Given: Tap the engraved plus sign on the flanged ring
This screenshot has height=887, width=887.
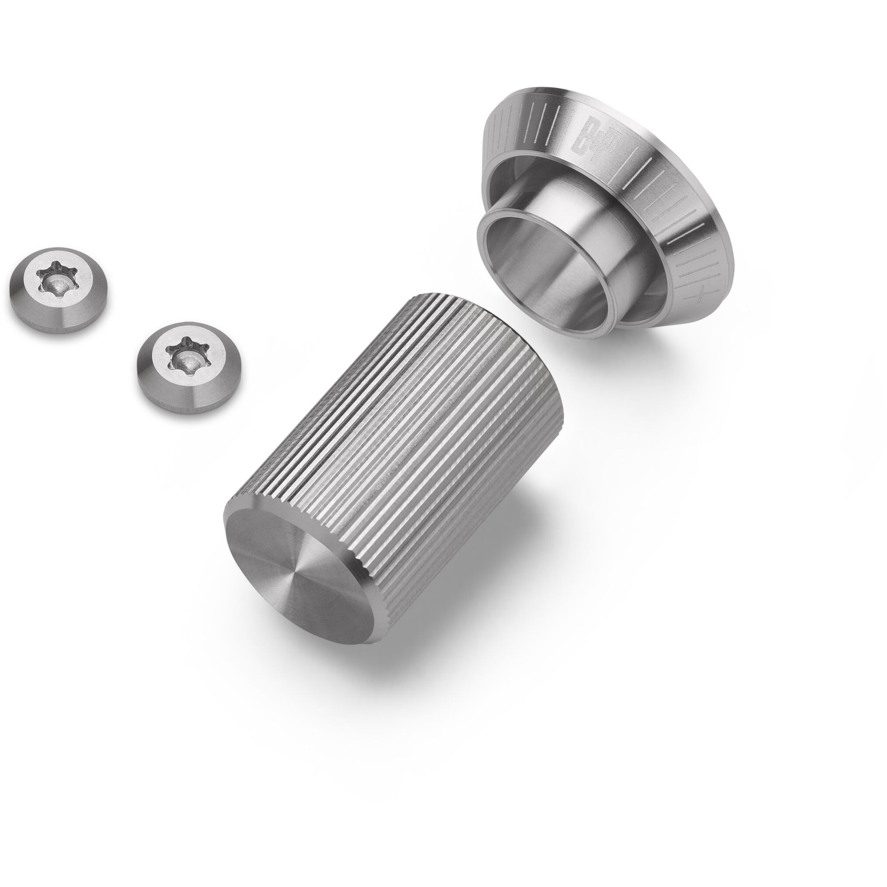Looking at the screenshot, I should coord(699,297).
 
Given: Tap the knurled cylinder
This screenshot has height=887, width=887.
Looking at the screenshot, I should coord(390,459).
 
